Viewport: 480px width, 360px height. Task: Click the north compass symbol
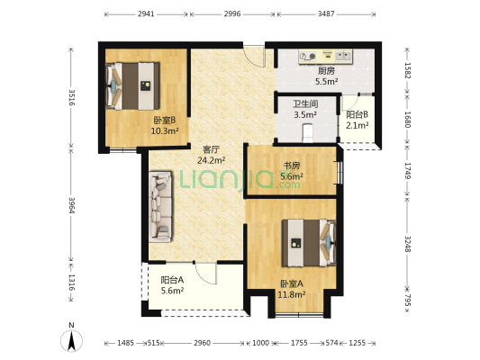(71, 341)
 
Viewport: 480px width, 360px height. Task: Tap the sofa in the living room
(160, 207)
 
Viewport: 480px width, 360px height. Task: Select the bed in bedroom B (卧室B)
(132, 85)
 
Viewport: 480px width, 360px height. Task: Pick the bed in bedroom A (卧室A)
(309, 243)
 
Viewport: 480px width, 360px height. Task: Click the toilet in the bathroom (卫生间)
(308, 132)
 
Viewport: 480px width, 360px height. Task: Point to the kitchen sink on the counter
(343, 56)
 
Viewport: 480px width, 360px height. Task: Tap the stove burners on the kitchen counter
(308, 57)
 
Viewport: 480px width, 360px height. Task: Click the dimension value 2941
(146, 13)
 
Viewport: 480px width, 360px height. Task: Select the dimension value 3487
(326, 13)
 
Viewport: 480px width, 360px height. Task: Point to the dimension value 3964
(72, 205)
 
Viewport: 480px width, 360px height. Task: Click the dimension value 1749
(408, 170)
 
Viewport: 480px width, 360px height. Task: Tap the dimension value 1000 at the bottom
(260, 343)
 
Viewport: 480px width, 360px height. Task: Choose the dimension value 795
(408, 300)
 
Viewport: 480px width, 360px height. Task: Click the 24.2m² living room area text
(212, 160)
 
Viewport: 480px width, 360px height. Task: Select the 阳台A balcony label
(172, 280)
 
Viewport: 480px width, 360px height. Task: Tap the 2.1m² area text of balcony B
(357, 125)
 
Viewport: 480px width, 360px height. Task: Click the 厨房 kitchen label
(326, 71)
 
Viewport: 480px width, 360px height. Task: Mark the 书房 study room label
(292, 166)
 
